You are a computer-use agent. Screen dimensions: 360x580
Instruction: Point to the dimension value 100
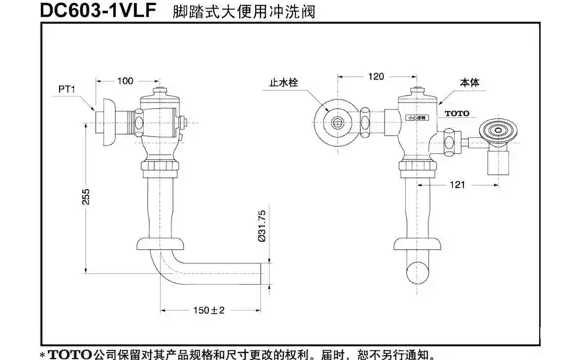click(125, 81)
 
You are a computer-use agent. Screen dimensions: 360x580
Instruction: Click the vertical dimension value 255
click(86, 199)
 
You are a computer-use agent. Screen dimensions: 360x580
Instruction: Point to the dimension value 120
click(376, 76)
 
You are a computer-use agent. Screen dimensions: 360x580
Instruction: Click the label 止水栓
click(284, 83)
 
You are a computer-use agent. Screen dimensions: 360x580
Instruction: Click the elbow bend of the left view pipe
click(164, 267)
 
